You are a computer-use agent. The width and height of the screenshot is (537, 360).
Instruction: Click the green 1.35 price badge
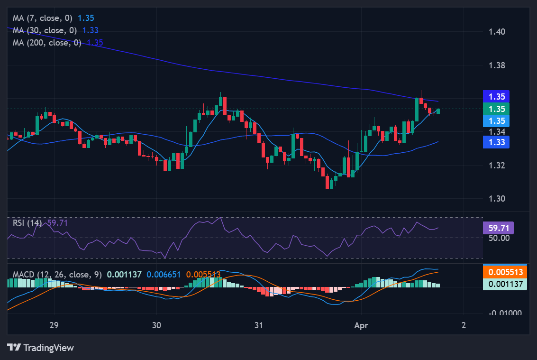click(x=496, y=109)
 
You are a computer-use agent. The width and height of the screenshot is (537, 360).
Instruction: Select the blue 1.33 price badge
click(x=496, y=142)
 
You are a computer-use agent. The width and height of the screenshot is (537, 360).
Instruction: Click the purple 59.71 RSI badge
click(x=498, y=228)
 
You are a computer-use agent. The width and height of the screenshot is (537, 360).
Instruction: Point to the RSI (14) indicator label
click(x=27, y=223)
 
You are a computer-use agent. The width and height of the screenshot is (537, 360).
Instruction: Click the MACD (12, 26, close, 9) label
click(x=57, y=275)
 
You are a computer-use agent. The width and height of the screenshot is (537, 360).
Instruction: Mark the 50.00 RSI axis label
click(x=498, y=238)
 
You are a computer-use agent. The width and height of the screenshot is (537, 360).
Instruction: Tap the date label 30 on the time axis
click(x=157, y=325)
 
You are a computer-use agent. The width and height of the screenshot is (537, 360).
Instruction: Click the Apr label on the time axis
click(x=361, y=325)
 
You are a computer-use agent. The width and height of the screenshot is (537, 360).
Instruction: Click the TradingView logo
click(x=41, y=348)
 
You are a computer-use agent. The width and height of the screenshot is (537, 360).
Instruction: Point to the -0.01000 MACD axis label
click(x=505, y=313)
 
